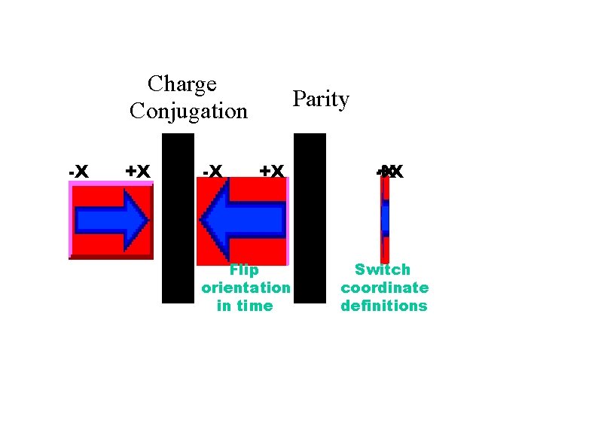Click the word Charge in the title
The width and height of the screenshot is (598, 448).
182,84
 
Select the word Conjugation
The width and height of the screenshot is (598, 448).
188,111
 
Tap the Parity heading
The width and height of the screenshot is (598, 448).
321,99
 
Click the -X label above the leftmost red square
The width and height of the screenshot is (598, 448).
78,172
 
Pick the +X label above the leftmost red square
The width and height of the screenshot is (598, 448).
138,172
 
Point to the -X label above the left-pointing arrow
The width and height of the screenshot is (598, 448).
212,172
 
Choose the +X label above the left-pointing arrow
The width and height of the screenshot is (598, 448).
271,172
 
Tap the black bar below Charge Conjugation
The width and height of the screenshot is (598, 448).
178,218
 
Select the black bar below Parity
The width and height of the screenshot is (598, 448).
310,218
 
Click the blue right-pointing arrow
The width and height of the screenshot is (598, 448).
113,220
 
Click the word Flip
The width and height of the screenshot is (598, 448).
244,270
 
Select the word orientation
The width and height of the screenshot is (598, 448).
246,288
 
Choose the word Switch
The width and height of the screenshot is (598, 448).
383,270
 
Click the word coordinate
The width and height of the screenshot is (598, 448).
384,288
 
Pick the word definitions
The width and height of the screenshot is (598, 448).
384,306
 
